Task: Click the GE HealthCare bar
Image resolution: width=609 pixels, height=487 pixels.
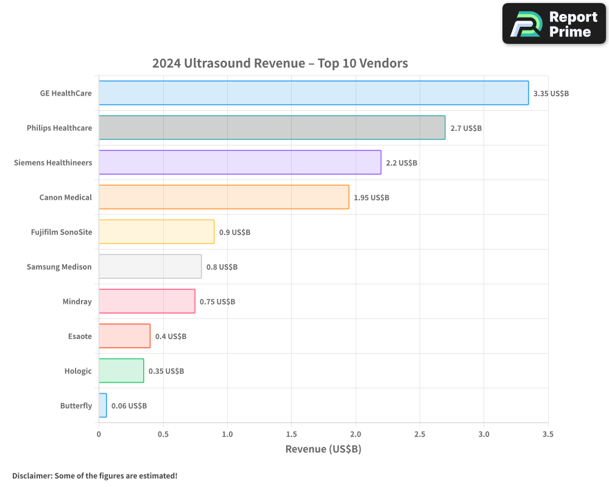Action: pyautogui.click(x=314, y=93)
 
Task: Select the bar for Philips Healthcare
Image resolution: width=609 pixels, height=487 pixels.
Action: pyautogui.click(x=272, y=128)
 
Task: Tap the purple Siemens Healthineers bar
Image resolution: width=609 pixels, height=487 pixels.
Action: pyautogui.click(x=240, y=163)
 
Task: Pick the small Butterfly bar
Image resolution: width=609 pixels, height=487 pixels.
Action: pyautogui.click(x=102, y=405)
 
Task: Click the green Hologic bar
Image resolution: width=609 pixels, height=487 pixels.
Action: pyautogui.click(x=121, y=371)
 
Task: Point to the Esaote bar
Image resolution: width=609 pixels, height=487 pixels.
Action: pyautogui.click(x=124, y=336)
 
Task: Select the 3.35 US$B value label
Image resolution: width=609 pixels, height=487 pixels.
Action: pyautogui.click(x=551, y=94)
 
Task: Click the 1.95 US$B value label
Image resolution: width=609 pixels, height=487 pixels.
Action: pyautogui.click(x=371, y=198)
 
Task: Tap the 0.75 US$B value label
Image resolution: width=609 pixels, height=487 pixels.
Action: pyautogui.click(x=217, y=302)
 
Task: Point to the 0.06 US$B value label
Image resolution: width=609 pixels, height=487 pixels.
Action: pyautogui.click(x=128, y=406)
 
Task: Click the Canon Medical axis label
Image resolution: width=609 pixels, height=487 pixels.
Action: pyautogui.click(x=65, y=197)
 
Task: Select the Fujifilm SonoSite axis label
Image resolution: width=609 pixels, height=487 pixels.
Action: pyautogui.click(x=61, y=232)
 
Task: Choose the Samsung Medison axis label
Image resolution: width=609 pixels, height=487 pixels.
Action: pyautogui.click(x=59, y=267)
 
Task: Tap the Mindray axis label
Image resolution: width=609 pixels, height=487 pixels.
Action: pyautogui.click(x=77, y=301)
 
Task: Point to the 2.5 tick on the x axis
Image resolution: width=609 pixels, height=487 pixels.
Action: pyautogui.click(x=420, y=435)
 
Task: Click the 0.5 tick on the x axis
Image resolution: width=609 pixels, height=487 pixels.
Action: pyautogui.click(x=163, y=435)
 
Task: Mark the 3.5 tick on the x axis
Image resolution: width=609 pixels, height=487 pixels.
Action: pyautogui.click(x=547, y=435)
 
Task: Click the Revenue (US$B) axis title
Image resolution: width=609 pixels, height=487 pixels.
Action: pyautogui.click(x=323, y=449)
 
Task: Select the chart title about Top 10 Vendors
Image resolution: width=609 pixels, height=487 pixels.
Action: pyautogui.click(x=280, y=63)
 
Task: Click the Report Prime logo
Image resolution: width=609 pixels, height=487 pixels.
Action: pyautogui.click(x=554, y=24)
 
